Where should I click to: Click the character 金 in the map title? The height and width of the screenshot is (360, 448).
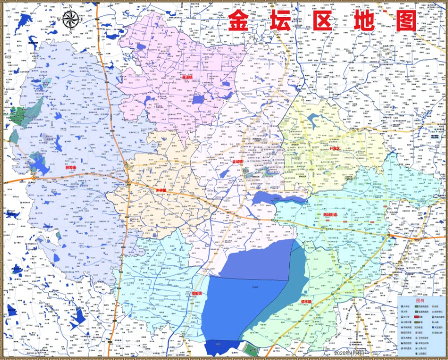[241, 20]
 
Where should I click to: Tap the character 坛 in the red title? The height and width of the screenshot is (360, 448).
[285, 20]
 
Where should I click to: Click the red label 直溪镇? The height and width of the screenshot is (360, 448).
[187, 77]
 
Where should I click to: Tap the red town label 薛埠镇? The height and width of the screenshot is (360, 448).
[71, 167]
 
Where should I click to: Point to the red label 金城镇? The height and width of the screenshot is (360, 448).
[237, 161]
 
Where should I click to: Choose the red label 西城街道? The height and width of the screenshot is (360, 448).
[331, 215]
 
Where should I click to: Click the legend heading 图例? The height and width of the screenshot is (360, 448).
[420, 301]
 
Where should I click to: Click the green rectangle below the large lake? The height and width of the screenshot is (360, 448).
[252, 348]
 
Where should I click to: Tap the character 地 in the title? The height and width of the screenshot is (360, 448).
[370, 20]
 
